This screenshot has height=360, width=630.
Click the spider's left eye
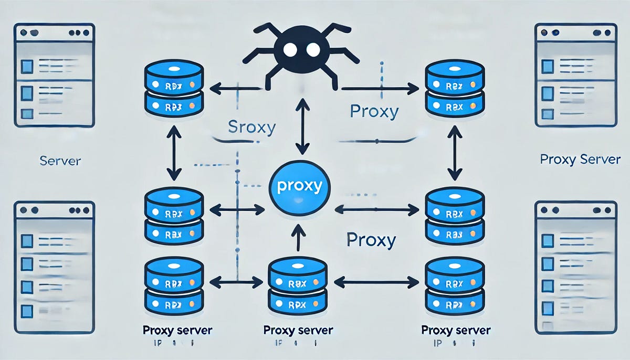288,49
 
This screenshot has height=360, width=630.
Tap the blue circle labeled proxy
298,186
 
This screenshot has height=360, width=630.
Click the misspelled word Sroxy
252,128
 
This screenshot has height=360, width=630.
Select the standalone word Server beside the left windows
60,160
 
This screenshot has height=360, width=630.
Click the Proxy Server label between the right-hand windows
580,159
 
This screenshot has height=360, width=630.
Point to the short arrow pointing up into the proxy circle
298,237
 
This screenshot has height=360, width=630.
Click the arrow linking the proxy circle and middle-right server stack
376,209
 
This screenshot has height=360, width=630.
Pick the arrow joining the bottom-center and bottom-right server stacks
376,283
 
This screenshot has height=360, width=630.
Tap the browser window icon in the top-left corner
55,75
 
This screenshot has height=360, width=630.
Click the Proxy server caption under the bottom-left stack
177,331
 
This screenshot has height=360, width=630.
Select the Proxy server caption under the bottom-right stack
456,331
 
